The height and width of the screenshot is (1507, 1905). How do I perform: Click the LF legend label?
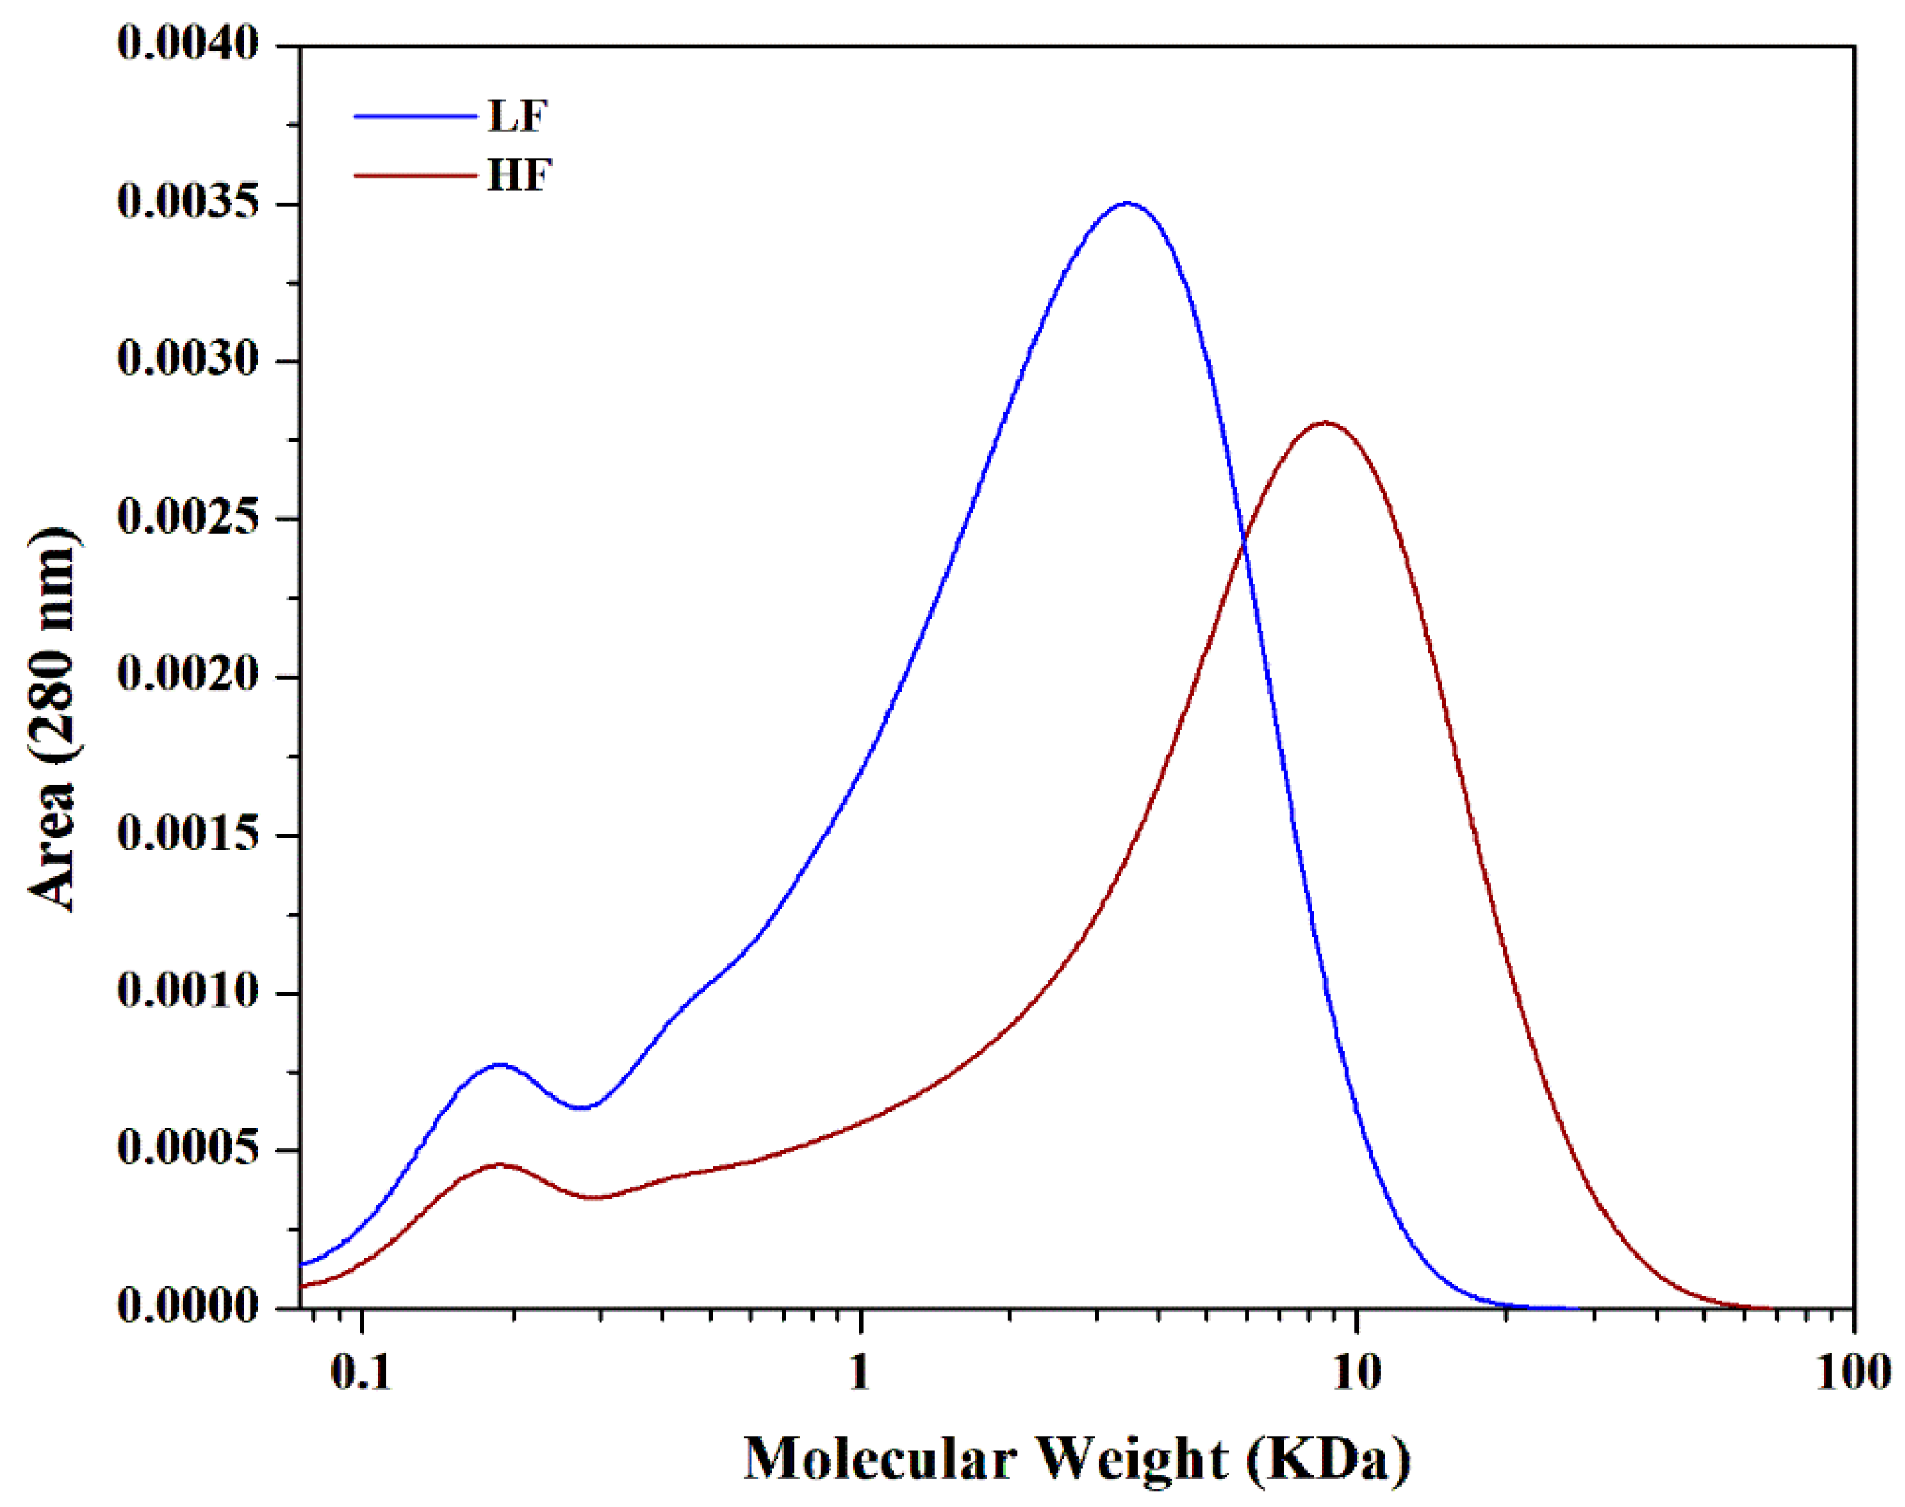click(518, 116)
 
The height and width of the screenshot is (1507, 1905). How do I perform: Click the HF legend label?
click(519, 175)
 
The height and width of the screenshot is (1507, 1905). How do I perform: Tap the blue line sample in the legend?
click(415, 116)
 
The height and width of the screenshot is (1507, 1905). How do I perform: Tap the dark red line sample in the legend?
click(415, 175)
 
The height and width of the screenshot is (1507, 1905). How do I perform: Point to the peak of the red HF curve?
click(1325, 423)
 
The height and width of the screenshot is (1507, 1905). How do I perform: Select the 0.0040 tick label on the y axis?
click(189, 44)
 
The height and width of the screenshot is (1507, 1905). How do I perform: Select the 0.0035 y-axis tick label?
click(189, 203)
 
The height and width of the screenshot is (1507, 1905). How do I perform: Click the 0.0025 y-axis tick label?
click(189, 518)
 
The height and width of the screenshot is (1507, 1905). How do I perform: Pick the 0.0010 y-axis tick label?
click(189, 992)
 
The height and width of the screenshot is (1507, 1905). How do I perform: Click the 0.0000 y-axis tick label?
click(189, 1307)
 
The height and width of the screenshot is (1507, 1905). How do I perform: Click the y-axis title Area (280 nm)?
click(53, 719)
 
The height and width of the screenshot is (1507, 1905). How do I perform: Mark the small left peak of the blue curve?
click(500, 1065)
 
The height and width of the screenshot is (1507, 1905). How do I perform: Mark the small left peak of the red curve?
click(499, 1165)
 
